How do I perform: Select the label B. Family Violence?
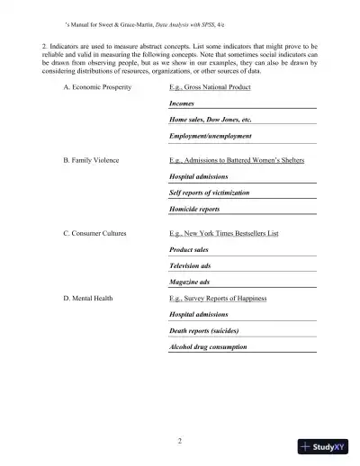92,160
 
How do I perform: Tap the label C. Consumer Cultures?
94,233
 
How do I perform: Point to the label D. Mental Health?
87,297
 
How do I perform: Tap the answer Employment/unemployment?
210,136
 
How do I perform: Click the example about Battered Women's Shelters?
237,160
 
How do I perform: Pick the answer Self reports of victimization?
209,193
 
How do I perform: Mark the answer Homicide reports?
194,209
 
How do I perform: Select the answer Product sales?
189,249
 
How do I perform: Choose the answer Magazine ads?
189,282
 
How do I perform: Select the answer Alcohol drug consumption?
208,346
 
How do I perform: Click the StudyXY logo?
323,445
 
